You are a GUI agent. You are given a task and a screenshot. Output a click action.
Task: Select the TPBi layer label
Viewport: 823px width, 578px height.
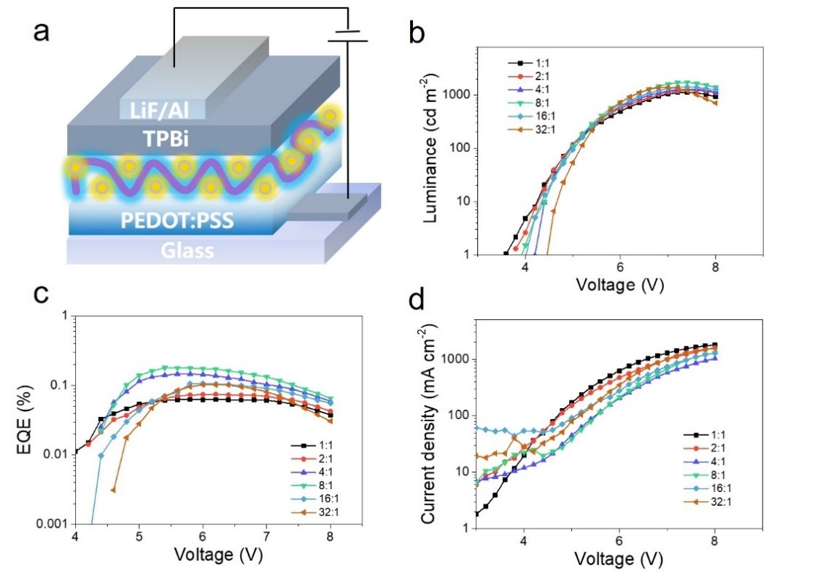(x=157, y=138)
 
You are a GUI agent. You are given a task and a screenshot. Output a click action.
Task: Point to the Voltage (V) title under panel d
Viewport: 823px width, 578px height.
(x=619, y=560)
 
